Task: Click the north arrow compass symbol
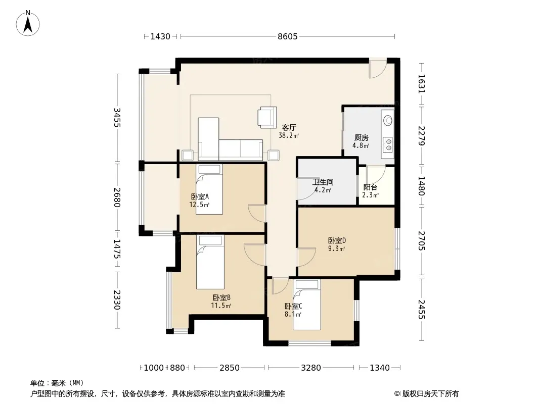pyautogui.click(x=28, y=23)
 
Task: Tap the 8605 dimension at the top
pyautogui.click(x=288, y=36)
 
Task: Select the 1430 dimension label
pyautogui.click(x=160, y=36)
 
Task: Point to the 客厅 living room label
pyautogui.click(x=289, y=128)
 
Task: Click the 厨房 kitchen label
pyautogui.click(x=362, y=138)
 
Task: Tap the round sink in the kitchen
pyautogui.click(x=388, y=121)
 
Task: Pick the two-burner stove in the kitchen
pyautogui.click(x=388, y=144)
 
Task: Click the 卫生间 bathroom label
pyautogui.click(x=323, y=182)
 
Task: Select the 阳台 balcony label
pyautogui.click(x=370, y=187)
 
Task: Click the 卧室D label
pyautogui.click(x=337, y=240)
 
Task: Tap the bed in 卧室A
pyautogui.click(x=209, y=189)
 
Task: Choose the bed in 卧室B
pyautogui.click(x=210, y=262)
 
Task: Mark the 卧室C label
pyautogui.click(x=293, y=306)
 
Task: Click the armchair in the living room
pyautogui.click(x=267, y=117)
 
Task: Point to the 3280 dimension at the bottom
pyautogui.click(x=311, y=368)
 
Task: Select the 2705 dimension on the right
pyautogui.click(x=422, y=240)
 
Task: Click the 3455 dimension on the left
pyautogui.click(x=117, y=117)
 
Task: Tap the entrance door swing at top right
pyautogui.click(x=378, y=69)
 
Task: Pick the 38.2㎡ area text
pyautogui.click(x=289, y=135)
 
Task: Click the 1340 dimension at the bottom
pyautogui.click(x=380, y=368)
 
